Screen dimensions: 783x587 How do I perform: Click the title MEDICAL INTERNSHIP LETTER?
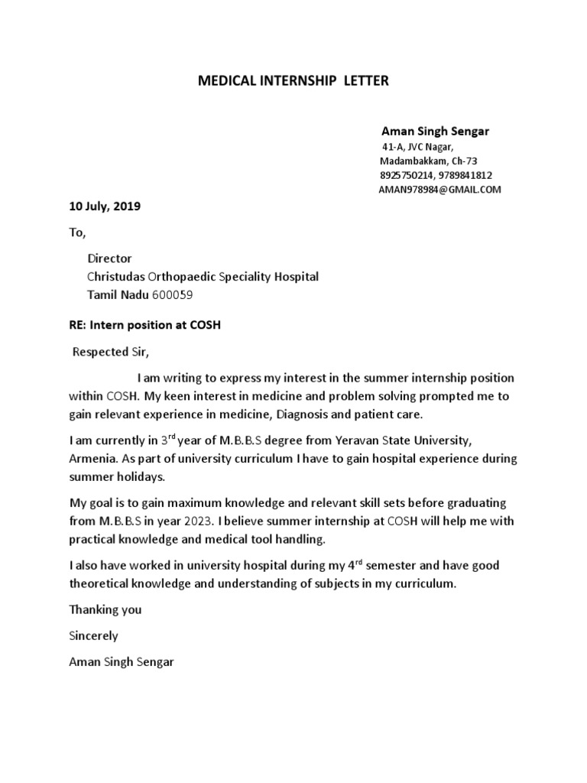tap(293, 81)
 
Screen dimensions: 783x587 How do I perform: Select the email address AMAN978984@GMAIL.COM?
tap(439, 190)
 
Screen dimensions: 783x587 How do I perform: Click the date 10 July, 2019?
tap(105, 206)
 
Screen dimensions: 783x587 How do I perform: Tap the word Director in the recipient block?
tap(109, 258)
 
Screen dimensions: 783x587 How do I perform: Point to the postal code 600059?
tap(178, 295)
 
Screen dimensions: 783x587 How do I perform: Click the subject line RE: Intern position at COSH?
tap(145, 324)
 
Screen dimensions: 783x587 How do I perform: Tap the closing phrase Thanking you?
tap(105, 610)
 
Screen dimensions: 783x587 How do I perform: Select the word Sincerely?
tap(94, 635)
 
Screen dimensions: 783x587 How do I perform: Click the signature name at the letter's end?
tap(122, 661)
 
